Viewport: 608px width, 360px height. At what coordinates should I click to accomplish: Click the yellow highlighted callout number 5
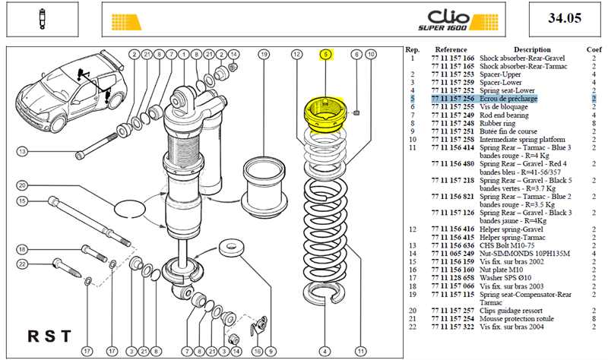point(326,55)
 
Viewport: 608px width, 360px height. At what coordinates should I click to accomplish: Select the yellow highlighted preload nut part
point(326,115)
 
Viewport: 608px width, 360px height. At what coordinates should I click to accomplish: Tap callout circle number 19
point(264,54)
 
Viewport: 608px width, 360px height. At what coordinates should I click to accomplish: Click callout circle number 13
point(22,151)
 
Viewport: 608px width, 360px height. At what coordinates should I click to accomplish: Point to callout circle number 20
point(22,185)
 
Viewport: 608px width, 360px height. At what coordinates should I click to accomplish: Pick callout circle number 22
point(22,264)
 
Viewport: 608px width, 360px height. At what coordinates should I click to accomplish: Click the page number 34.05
point(565,18)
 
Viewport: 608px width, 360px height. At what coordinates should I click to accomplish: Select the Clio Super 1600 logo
point(458,21)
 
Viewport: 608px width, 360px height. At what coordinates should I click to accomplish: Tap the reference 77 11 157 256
point(452,99)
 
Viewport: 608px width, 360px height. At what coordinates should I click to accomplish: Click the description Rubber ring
point(498,123)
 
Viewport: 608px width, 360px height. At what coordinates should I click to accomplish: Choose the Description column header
point(532,49)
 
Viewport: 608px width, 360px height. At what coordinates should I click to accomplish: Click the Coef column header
point(594,49)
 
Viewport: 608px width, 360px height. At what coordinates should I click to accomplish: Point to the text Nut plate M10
point(501,270)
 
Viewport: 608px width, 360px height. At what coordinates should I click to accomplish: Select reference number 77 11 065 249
point(452,254)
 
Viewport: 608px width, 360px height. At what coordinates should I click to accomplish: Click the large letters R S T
point(49,336)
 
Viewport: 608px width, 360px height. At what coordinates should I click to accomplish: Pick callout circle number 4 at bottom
point(325,352)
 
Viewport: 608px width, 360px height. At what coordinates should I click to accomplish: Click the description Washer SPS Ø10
point(505,278)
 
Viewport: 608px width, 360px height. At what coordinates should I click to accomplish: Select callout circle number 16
point(258,352)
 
